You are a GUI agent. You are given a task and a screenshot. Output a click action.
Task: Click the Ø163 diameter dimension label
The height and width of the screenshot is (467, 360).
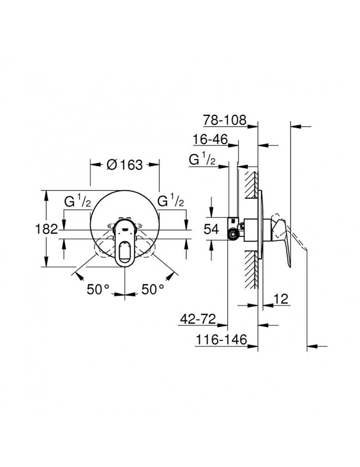coord(124,166)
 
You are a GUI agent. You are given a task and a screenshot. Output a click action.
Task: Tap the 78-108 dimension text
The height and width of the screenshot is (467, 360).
coord(224,120)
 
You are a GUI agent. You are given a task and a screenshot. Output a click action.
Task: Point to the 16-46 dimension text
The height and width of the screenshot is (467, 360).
coord(211,140)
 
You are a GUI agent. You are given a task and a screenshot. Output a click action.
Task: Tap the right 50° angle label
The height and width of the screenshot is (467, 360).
coord(153,290)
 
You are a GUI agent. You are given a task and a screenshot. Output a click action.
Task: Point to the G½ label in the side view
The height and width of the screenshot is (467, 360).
coord(202,160)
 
